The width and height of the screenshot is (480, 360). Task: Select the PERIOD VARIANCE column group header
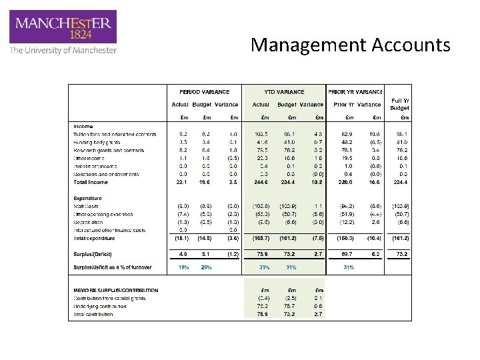(204, 91)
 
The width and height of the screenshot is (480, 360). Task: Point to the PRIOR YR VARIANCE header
(355, 91)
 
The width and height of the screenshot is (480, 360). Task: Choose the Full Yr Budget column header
(399, 105)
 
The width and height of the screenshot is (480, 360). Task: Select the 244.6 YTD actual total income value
(261, 182)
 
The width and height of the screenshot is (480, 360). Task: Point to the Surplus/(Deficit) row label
(93, 253)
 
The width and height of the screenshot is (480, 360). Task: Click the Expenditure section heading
(88, 198)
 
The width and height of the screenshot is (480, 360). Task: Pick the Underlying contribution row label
(99, 305)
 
